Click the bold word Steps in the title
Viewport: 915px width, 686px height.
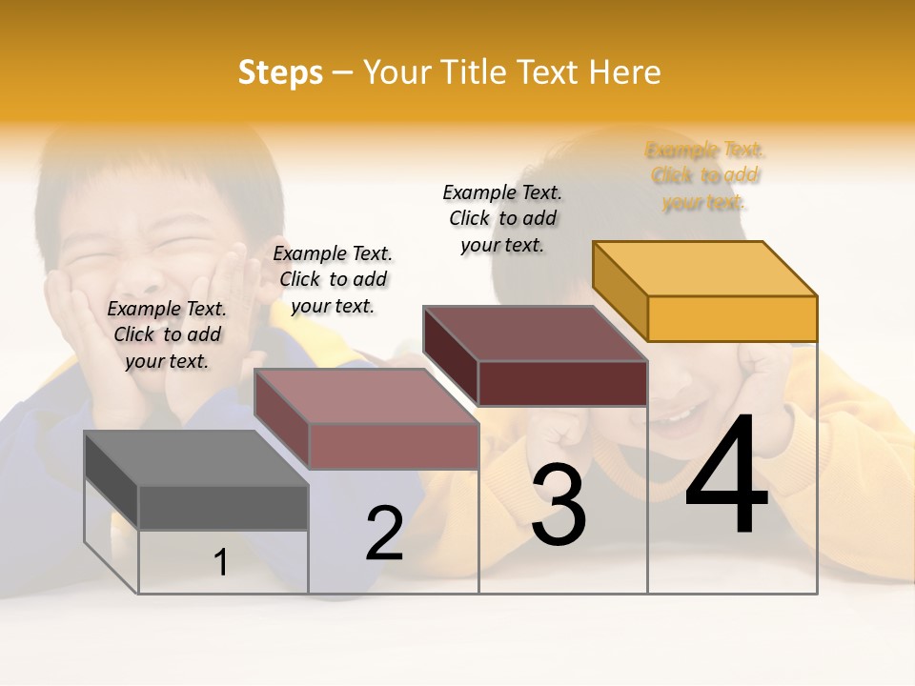click(x=280, y=72)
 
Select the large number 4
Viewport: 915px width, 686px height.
click(x=726, y=476)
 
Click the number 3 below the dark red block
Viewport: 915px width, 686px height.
click(x=559, y=505)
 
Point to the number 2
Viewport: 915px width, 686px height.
click(x=385, y=534)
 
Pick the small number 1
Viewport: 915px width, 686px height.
click(x=221, y=563)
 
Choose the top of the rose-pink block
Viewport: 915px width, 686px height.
click(x=366, y=396)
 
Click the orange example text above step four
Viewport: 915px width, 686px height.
click(x=705, y=176)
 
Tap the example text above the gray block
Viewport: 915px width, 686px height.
click(x=167, y=334)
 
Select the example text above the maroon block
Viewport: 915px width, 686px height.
click(x=502, y=218)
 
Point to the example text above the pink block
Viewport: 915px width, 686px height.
click(x=333, y=279)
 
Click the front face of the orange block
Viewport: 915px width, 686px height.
click(x=732, y=318)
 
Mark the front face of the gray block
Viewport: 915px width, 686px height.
click(x=223, y=508)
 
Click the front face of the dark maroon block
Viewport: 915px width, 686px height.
click(x=562, y=384)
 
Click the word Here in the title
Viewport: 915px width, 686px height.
click(x=625, y=72)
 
